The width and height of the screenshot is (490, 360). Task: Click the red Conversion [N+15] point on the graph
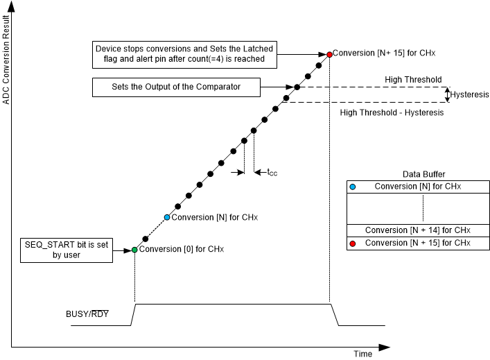coord(329,53)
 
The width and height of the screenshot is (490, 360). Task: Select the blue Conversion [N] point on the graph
coord(166,217)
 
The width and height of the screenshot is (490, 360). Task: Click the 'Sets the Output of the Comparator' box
coord(175,87)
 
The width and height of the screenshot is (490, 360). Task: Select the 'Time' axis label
coord(363,354)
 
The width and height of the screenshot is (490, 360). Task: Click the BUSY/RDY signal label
coord(87,314)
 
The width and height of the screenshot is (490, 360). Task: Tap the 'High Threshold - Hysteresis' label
coord(392,113)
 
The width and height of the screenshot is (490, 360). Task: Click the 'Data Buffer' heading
coord(423,173)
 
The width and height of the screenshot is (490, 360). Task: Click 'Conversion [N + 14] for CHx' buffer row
coord(417,230)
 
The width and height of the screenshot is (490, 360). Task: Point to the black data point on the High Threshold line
coord(297,87)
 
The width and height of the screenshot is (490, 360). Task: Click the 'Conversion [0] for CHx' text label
coord(182,249)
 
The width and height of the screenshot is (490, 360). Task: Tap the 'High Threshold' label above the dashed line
coord(413,80)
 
